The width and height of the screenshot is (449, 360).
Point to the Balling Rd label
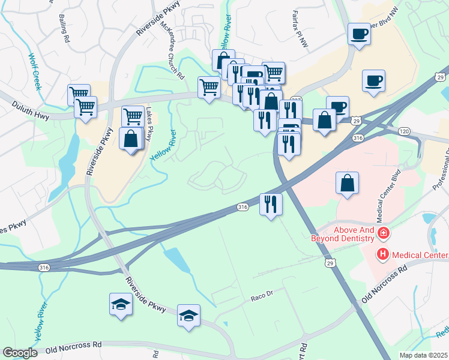63,29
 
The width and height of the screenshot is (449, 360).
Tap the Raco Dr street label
261,296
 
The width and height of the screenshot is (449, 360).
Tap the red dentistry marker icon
383,233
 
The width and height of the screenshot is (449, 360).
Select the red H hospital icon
382,255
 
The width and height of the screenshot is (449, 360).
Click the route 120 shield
404,131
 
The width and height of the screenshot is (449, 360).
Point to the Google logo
20,353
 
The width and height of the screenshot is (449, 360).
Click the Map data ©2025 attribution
423,355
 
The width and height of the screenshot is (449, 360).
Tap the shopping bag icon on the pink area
348,183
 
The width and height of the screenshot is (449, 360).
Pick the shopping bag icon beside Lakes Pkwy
130,139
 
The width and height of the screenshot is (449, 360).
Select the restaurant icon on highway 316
270,204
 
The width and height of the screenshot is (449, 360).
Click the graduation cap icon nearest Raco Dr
188,315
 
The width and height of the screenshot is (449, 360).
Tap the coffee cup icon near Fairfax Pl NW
360,34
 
